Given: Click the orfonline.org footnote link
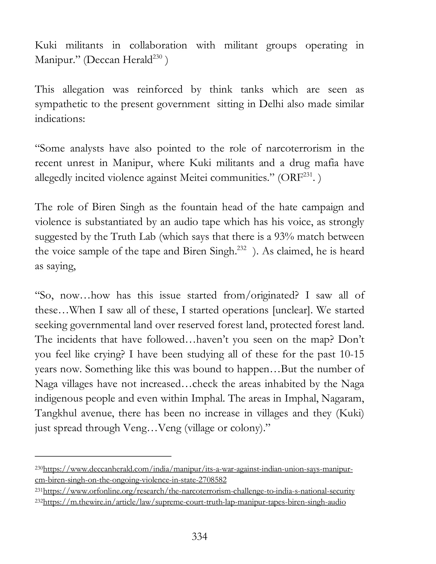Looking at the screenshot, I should [199, 491].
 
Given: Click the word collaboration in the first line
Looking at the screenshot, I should [158, 46].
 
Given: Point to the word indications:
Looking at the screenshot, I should [60, 119].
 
